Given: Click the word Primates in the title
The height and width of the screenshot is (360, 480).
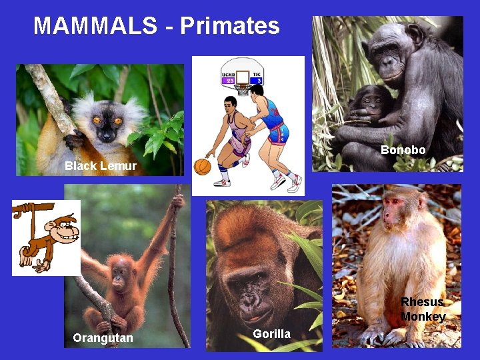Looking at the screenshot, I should (x=229, y=26).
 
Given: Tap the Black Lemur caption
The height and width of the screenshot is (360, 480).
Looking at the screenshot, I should (x=101, y=166).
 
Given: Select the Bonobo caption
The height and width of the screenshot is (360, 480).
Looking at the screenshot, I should (x=403, y=150).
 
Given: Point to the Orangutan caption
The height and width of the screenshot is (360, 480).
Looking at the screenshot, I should (x=103, y=338).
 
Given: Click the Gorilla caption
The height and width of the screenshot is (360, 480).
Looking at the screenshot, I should (x=271, y=333).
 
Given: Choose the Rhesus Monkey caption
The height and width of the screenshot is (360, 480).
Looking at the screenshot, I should (x=423, y=309).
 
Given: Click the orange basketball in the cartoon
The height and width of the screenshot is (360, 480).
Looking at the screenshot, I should (x=202, y=166).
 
